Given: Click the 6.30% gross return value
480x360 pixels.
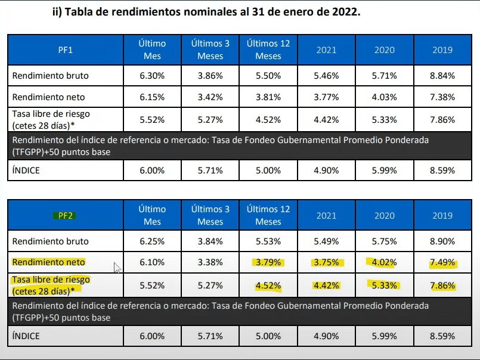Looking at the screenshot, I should click(x=152, y=76).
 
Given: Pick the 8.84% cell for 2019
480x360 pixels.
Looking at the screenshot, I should click(x=443, y=76).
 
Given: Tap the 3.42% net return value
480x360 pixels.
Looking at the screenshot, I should click(x=210, y=97).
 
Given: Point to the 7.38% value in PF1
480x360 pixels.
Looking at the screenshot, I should click(x=443, y=97).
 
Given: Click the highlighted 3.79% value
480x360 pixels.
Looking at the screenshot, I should click(x=268, y=262).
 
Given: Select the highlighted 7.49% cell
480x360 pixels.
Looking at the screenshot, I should click(x=443, y=262).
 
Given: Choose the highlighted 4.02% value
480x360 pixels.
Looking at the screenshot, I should click(x=385, y=262).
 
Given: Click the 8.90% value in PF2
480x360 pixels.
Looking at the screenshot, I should click(x=443, y=241).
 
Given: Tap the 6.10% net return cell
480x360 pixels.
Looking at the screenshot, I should click(x=152, y=262).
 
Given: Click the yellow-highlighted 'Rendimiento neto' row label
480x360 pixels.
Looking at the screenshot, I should click(x=49, y=262).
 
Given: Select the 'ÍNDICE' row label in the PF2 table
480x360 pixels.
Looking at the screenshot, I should click(x=26, y=336).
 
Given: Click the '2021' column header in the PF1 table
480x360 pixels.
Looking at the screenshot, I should click(x=326, y=50).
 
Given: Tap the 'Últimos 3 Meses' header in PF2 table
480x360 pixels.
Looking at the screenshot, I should click(x=210, y=216).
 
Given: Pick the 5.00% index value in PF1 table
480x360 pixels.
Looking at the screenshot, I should click(x=268, y=170).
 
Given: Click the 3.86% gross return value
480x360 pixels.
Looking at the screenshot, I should click(x=210, y=76).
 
